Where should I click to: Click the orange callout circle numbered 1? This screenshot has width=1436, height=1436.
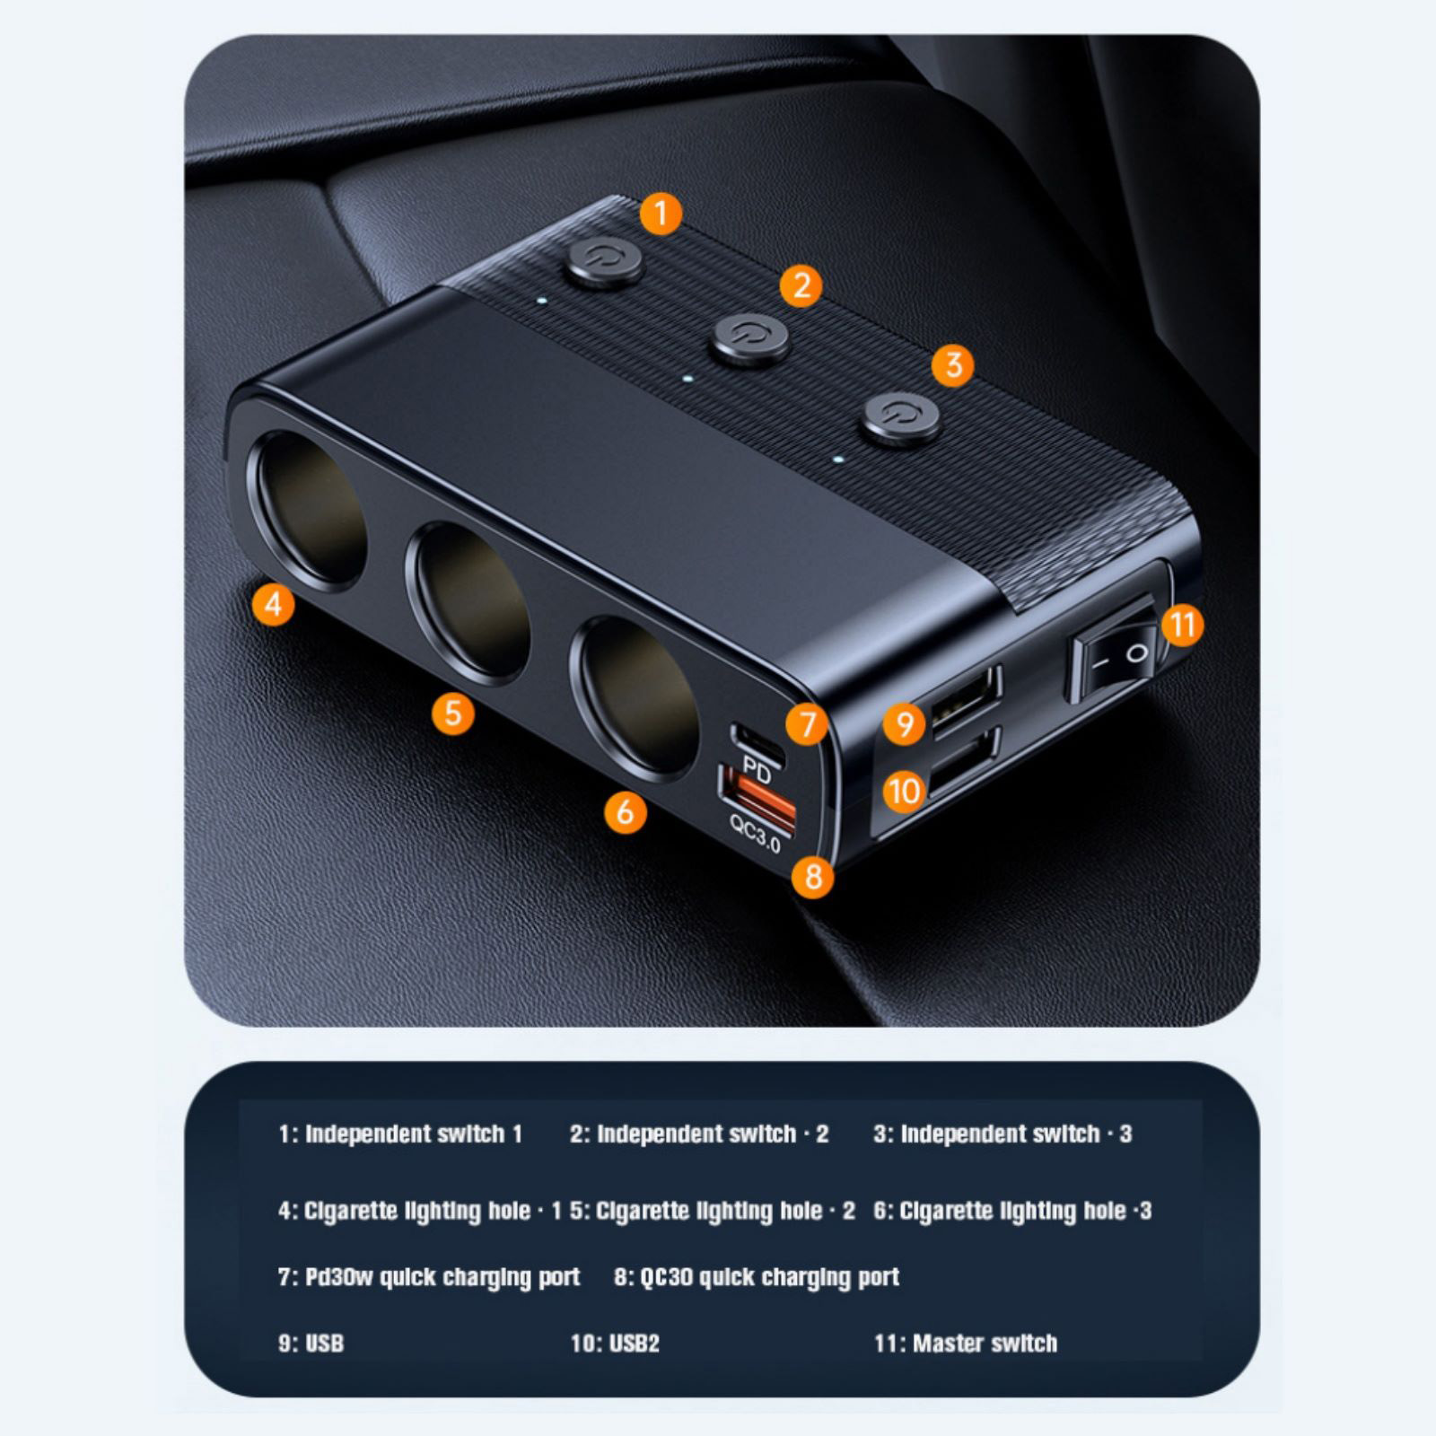coord(661,215)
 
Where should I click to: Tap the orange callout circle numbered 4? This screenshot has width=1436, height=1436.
coord(274,604)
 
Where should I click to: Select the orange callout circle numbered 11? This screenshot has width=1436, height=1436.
coord(1182,625)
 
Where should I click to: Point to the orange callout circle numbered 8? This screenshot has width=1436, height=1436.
coord(813,876)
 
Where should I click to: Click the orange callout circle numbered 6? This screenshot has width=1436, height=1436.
coord(626,812)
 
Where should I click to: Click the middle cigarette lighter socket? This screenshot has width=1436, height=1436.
coord(468,603)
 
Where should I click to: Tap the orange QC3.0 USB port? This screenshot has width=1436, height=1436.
coord(757,794)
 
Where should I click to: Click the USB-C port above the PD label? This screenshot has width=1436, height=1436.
coord(759,742)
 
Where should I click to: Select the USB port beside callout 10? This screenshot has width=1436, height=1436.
coord(964,762)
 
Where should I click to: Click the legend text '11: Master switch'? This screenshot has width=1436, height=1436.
coord(966,1344)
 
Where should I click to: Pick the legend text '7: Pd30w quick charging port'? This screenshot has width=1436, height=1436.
coord(429,1277)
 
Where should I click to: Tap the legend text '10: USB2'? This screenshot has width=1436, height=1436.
coord(615,1344)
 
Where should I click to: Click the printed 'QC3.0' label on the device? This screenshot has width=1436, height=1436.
coord(755,835)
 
